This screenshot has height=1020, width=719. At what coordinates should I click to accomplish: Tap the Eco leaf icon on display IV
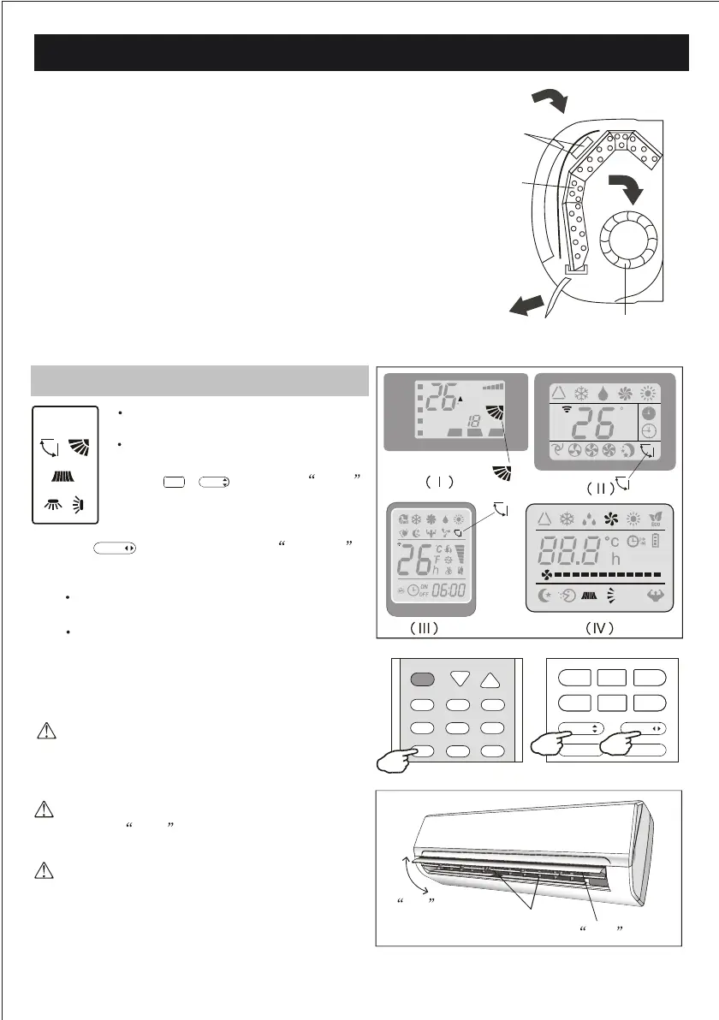pyautogui.click(x=661, y=518)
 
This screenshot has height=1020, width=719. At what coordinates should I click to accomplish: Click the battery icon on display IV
pyautogui.click(x=655, y=541)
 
